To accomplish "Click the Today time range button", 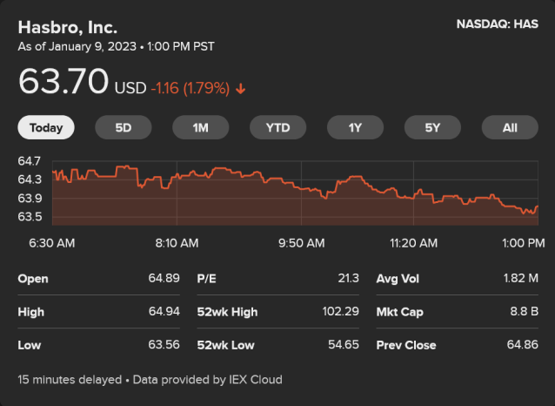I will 46,127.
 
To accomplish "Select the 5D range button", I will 124,127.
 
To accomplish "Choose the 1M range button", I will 201,127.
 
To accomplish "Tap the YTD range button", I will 277,127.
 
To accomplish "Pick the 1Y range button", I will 355,127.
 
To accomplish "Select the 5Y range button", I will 432,127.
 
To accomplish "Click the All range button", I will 510,127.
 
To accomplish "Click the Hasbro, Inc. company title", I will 68,27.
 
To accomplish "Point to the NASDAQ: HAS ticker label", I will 497,24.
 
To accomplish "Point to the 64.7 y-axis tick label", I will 30,161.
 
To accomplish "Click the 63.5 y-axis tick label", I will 30,217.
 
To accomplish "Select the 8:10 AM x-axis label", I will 177,242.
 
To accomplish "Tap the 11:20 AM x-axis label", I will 413,242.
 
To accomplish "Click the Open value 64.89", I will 164,279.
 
